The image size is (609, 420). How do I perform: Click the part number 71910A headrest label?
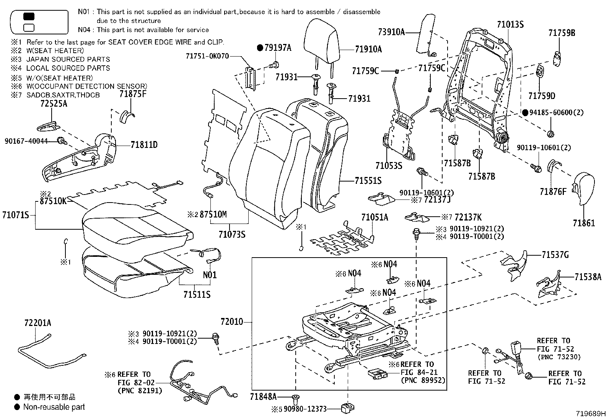368,49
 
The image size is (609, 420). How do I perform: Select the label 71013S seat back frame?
510,25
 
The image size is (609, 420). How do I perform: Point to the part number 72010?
231,322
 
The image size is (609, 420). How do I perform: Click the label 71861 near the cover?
584,223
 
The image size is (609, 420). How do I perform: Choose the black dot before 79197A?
260,48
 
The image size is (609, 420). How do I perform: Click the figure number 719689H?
591,414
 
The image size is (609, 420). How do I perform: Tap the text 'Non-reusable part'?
54,407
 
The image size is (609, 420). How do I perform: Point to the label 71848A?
264,397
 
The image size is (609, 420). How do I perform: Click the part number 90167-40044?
26,141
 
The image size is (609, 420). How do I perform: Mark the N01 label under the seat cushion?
210,275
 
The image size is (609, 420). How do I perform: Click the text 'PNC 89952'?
423,381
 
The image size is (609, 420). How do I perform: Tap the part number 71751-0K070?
207,56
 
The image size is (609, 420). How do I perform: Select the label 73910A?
391,32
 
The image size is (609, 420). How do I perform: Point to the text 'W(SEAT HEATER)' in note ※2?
55,50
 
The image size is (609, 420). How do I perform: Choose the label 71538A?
588,277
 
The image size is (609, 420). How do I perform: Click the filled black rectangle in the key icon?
29,16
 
